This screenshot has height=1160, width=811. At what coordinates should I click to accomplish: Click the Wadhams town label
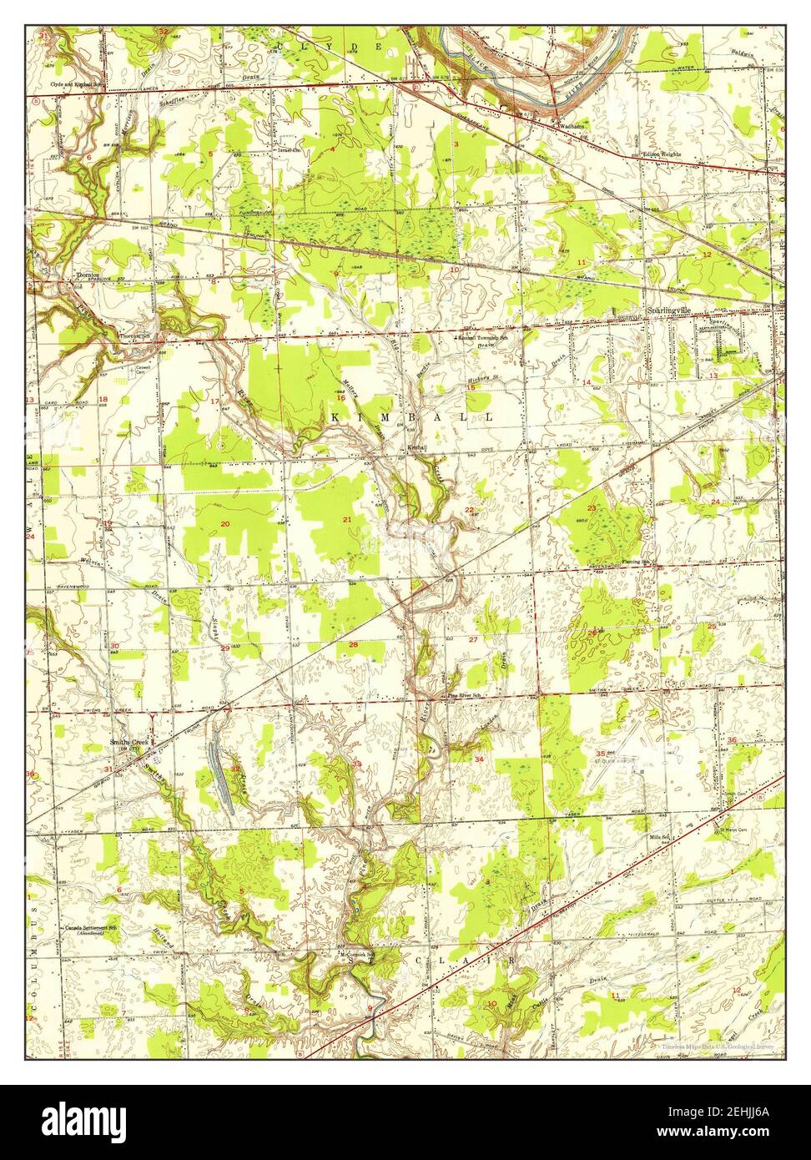572,127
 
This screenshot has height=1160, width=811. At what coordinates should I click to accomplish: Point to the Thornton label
88,275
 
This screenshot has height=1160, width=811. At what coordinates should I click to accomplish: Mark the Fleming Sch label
640,562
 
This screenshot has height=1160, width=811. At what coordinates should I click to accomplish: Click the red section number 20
224,523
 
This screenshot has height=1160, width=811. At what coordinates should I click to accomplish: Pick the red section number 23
592,508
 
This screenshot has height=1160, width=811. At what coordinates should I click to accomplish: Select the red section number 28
353,644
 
